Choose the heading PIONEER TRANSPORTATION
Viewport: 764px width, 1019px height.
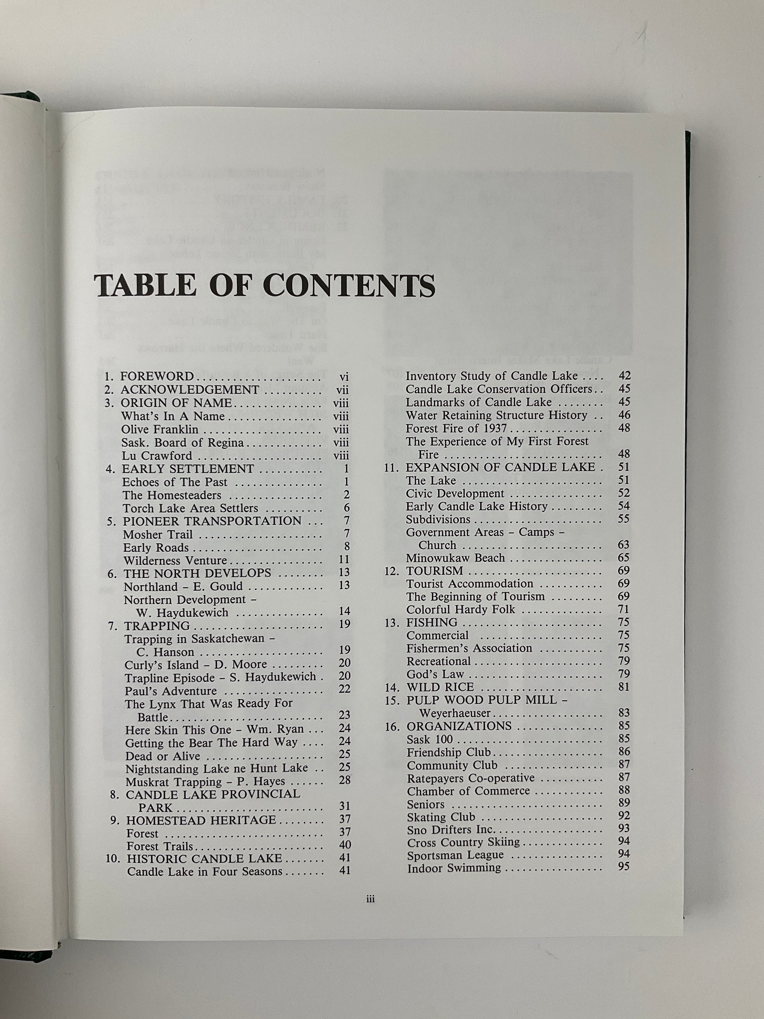[212, 521]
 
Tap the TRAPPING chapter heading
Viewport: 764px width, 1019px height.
[157, 626]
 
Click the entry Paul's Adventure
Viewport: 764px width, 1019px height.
[170, 691]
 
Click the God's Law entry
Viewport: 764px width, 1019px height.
[435, 675]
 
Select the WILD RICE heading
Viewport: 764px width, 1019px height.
[440, 687]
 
